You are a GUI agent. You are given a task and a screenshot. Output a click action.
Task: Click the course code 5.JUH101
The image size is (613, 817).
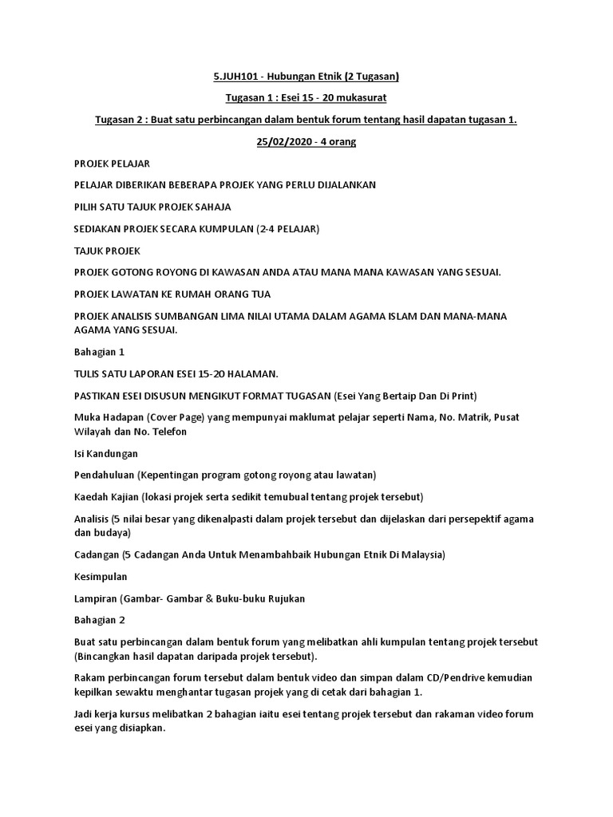pos(236,77)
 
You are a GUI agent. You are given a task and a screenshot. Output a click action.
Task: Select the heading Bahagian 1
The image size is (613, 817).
pos(99,351)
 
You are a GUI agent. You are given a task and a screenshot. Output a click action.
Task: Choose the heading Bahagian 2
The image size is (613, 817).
pos(99,619)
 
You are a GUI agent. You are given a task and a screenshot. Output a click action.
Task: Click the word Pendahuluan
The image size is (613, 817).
pos(103,475)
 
